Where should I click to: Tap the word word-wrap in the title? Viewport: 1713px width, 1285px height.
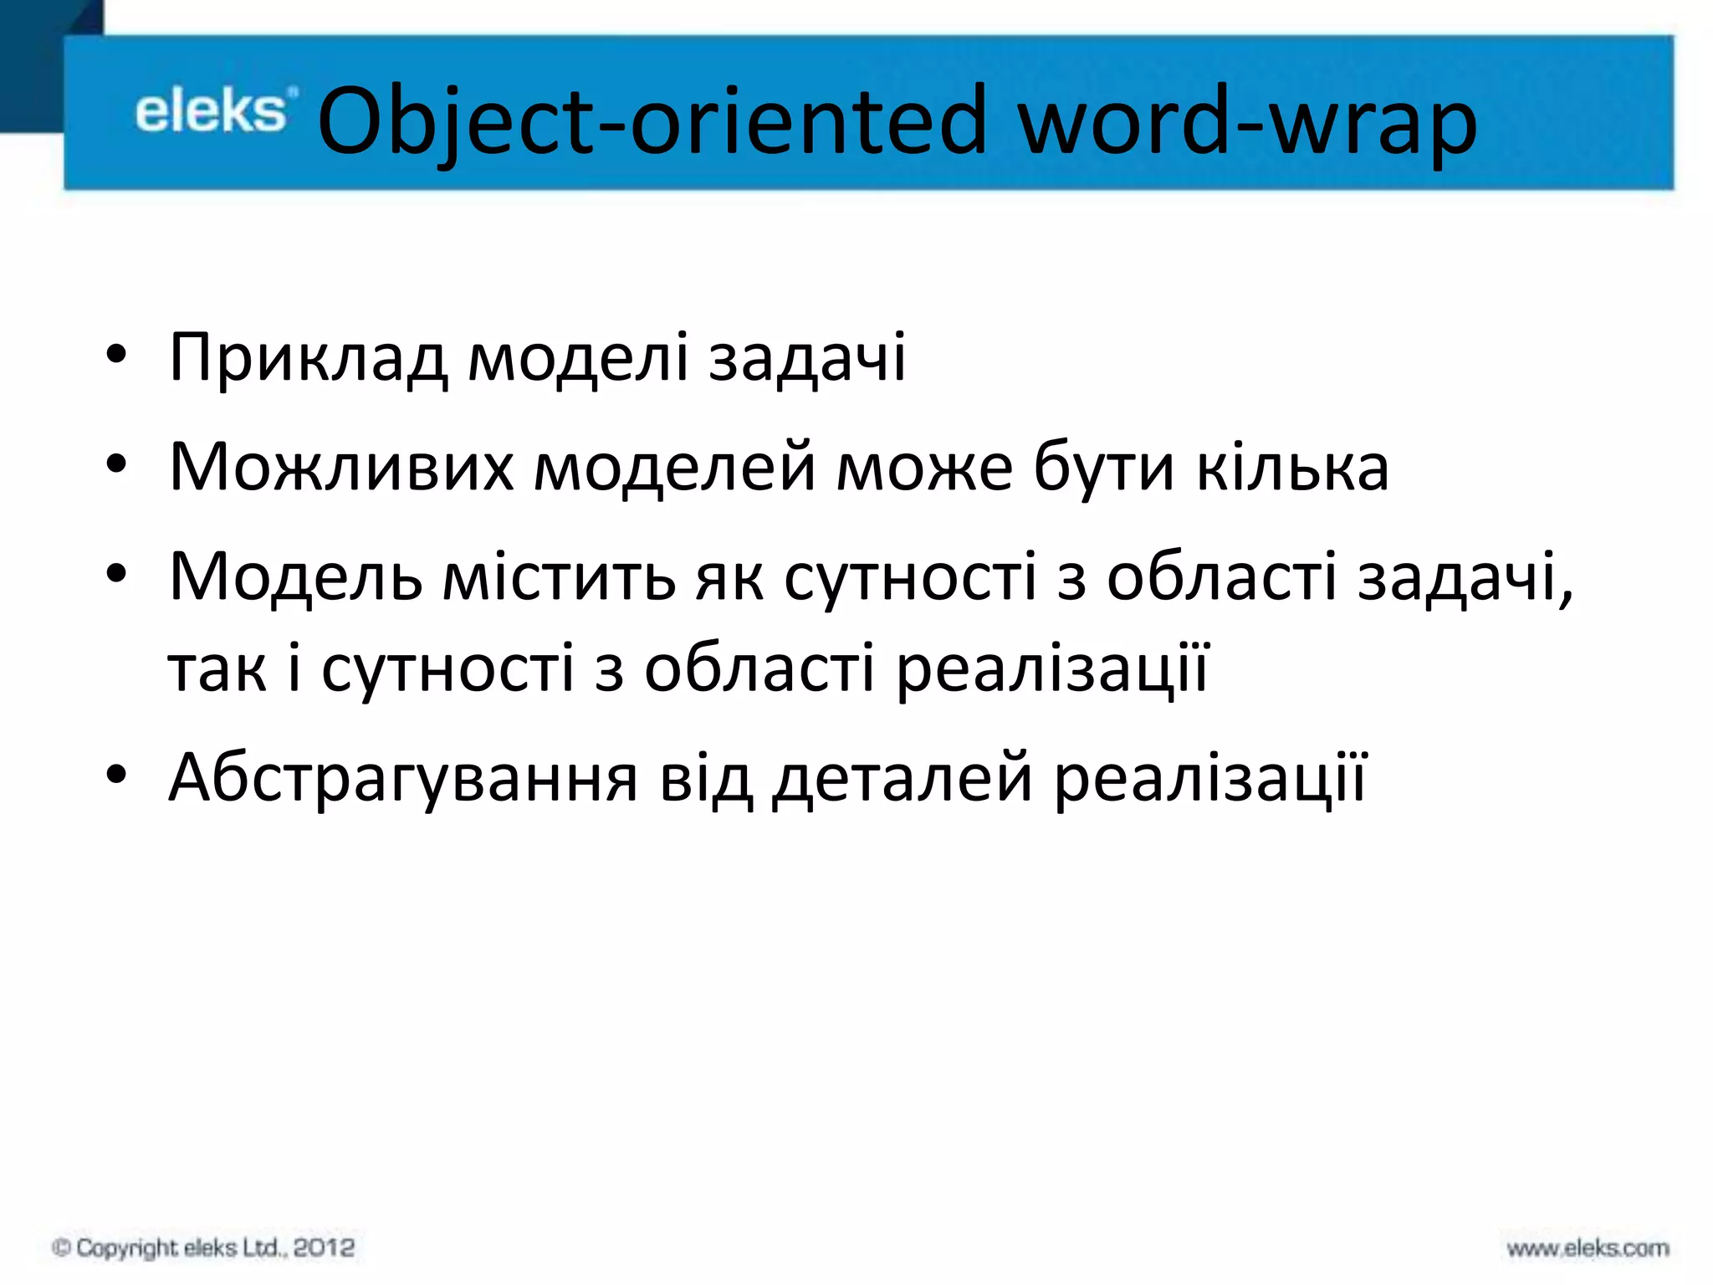click(x=1246, y=121)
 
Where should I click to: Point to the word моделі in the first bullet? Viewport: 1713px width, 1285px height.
click(x=577, y=358)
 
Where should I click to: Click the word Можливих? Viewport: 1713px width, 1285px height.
click(x=341, y=467)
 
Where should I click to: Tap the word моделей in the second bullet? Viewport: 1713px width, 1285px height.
click(x=674, y=467)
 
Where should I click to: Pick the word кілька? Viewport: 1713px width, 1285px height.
click(x=1292, y=467)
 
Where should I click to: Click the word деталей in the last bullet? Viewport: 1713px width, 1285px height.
click(x=902, y=778)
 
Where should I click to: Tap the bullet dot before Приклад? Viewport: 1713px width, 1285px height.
click(x=116, y=355)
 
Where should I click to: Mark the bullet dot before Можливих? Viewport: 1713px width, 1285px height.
click(x=116, y=463)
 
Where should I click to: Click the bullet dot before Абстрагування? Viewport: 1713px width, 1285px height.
click(x=116, y=775)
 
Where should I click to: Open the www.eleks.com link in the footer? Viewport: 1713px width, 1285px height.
click(x=1588, y=1248)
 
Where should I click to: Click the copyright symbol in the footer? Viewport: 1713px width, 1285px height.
click(x=61, y=1247)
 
